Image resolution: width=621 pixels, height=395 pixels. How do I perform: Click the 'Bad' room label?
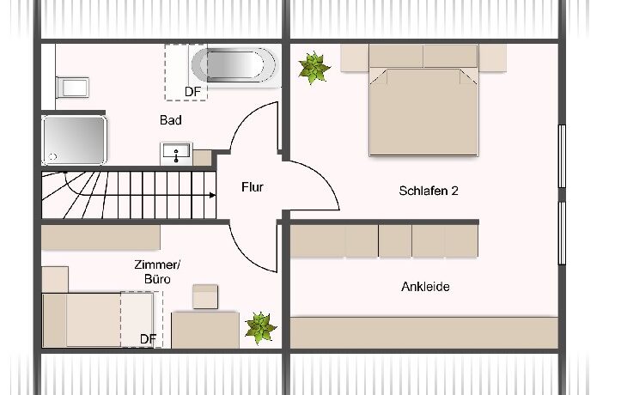point(171,120)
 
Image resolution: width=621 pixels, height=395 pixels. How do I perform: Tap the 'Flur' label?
point(253,187)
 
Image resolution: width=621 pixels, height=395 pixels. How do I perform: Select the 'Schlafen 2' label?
point(429,191)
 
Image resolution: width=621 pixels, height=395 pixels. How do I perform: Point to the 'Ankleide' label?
point(425,287)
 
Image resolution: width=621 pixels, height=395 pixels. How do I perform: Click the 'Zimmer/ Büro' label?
point(157,272)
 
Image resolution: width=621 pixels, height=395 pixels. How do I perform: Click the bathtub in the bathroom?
point(234,65)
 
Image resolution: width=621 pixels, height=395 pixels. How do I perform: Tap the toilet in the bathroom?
point(73,88)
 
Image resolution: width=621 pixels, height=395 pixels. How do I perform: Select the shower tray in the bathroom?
point(74,140)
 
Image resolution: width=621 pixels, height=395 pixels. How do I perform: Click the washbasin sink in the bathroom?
point(176,153)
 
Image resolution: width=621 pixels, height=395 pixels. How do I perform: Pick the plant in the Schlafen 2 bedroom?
point(314,68)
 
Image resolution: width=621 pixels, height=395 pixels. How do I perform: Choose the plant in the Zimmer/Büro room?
point(259,328)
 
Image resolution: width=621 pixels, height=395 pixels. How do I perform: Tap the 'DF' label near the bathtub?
point(193,92)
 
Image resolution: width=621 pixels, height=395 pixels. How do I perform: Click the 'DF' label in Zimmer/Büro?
point(148,339)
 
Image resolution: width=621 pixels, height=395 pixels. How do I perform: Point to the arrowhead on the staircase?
point(213,195)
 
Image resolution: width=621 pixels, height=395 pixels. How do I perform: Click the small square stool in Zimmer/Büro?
point(205,296)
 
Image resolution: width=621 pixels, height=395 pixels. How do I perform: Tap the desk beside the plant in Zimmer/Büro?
point(205,330)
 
